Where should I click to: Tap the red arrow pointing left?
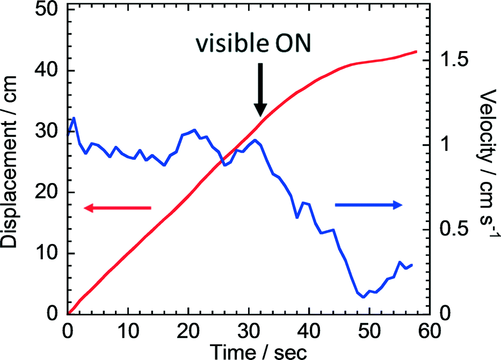(118, 208)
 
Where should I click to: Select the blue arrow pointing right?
(368, 204)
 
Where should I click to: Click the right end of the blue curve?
(412, 265)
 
